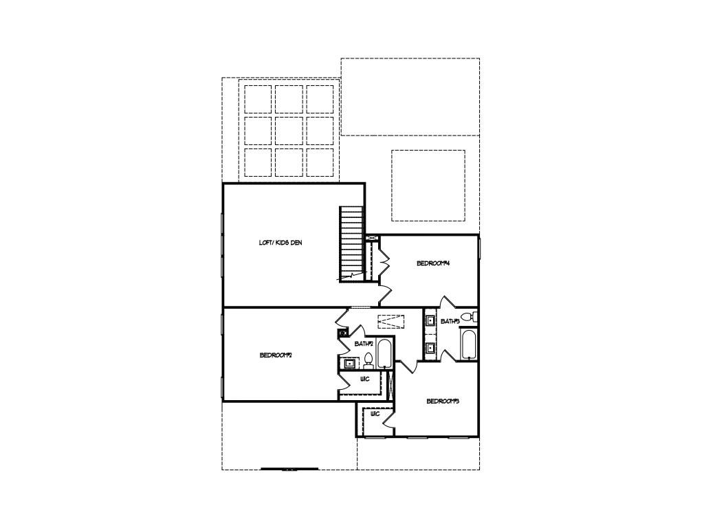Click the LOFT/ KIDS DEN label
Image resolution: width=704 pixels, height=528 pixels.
(280, 243)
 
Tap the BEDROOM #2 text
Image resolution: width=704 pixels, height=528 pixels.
(276, 355)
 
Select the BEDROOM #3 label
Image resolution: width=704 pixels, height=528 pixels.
(442, 401)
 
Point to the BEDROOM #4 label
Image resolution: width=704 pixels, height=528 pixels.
(432, 263)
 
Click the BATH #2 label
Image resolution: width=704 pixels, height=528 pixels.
(364, 343)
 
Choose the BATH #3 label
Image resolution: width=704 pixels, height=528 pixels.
(450, 321)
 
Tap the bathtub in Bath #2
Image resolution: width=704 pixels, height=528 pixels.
(384, 354)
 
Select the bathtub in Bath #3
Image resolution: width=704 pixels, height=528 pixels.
(469, 346)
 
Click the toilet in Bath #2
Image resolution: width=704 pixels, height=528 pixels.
(368, 360)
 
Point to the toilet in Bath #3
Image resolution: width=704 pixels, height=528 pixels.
(467, 318)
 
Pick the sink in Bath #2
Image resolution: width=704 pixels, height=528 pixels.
(349, 363)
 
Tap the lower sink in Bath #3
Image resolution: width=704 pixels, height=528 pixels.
(430, 348)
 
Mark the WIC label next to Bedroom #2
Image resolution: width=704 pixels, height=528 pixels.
(365, 379)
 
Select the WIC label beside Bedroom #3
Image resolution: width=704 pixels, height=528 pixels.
(375, 414)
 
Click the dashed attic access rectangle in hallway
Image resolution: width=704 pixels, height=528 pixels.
(390, 321)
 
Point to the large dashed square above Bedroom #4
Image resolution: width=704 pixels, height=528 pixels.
(428, 186)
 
